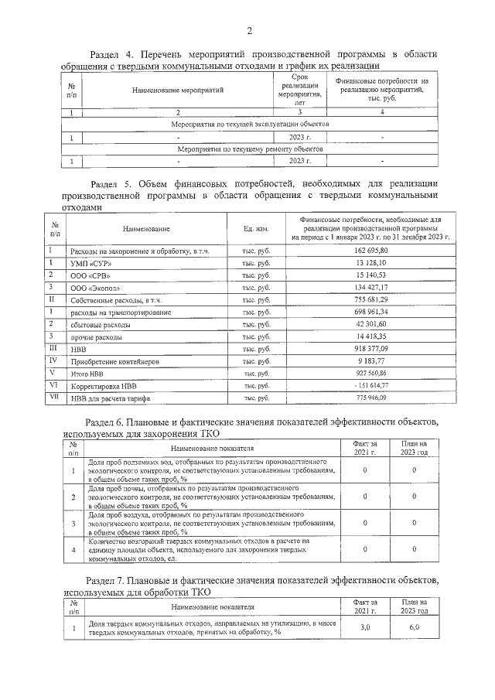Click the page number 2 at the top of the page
click(x=249, y=31)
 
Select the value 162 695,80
click(x=375, y=251)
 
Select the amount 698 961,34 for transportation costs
click(x=375, y=312)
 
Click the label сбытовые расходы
click(x=100, y=325)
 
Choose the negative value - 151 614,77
click(x=375, y=385)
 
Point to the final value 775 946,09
click(x=375, y=398)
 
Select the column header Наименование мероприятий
click(x=178, y=90)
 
